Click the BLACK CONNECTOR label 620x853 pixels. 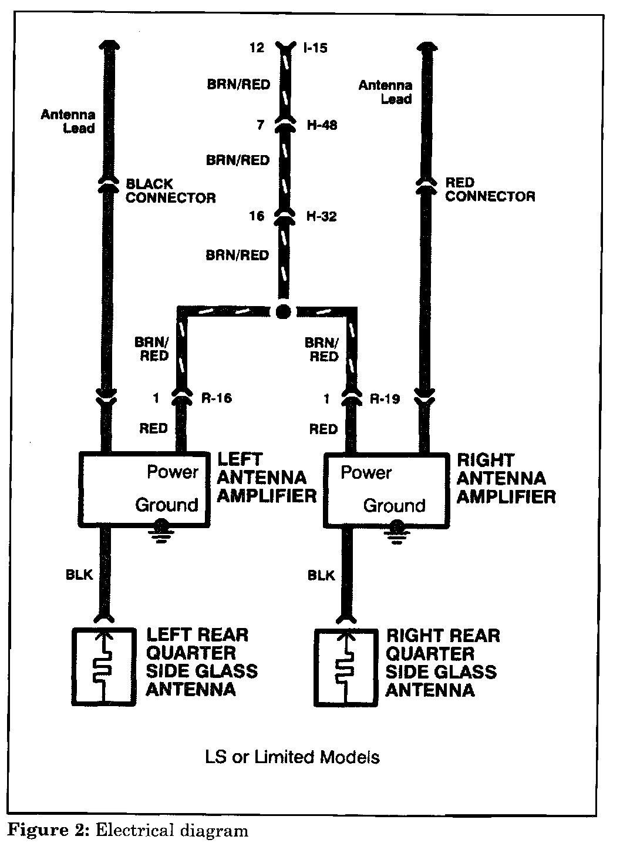(x=170, y=190)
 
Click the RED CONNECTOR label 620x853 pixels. (x=490, y=189)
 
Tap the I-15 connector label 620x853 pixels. (x=315, y=48)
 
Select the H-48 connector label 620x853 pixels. (x=322, y=125)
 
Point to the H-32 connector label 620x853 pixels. (x=322, y=217)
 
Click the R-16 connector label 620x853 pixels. (x=216, y=399)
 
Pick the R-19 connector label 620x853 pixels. (x=385, y=399)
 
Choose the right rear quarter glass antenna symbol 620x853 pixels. (x=345, y=667)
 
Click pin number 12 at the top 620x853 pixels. (x=257, y=48)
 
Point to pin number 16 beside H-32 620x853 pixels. (x=257, y=217)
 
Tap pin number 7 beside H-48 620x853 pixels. (x=261, y=125)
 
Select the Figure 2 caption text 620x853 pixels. (x=127, y=831)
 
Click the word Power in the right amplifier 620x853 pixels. (x=366, y=473)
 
